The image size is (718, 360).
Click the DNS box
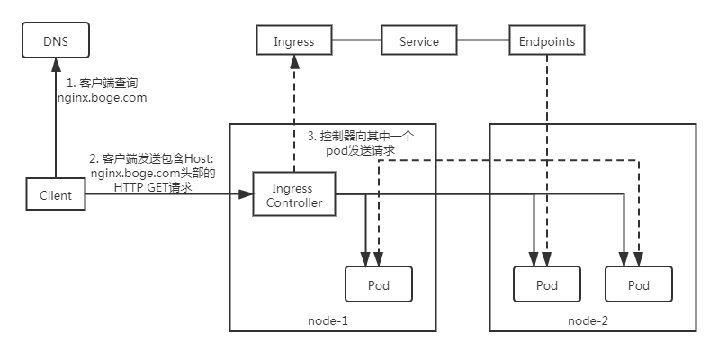click(55, 41)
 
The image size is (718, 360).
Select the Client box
click(55, 194)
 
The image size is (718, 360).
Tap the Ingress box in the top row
click(292, 41)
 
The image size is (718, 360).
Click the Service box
click(418, 41)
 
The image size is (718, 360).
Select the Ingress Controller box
click(292, 195)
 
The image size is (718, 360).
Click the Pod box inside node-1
click(379, 284)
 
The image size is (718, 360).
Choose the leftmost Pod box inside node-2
click(546, 285)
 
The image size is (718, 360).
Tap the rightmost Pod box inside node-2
click(639, 285)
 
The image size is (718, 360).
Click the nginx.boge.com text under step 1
click(102, 96)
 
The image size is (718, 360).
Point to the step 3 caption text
click(360, 143)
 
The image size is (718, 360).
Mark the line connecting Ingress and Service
click(357, 41)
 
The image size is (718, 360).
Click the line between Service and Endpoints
click(481, 41)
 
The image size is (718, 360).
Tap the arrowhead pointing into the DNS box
click(55, 64)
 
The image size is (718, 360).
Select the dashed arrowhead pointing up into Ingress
click(292, 63)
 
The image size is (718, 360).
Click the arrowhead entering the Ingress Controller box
click(245, 194)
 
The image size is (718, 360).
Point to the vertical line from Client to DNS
click(55, 126)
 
